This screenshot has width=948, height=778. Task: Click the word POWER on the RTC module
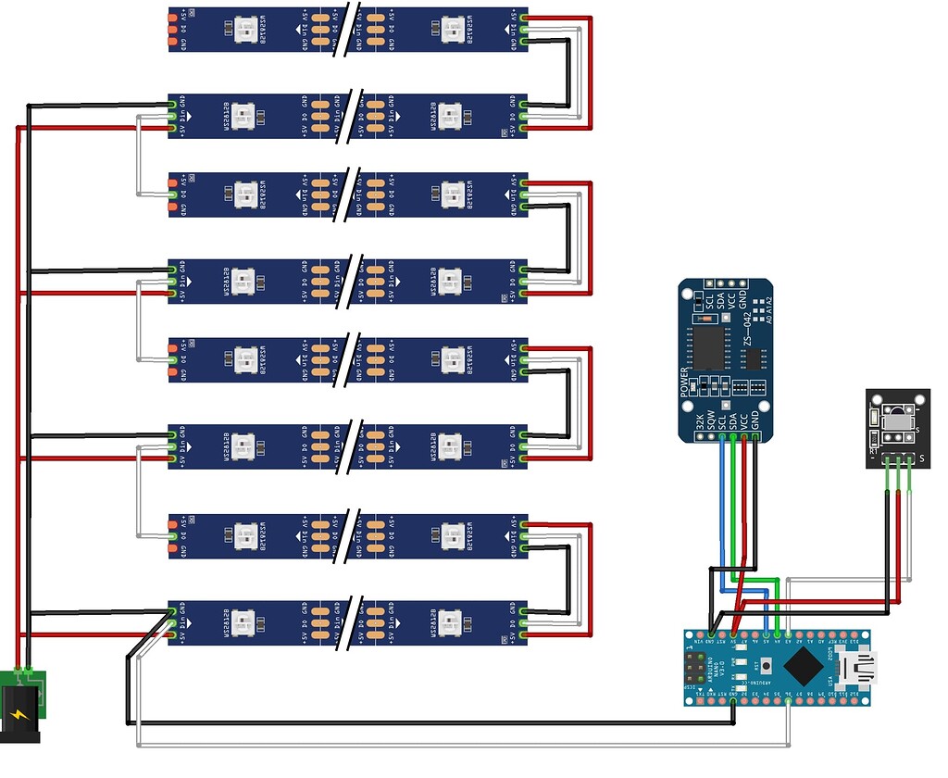pyautogui.click(x=686, y=383)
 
